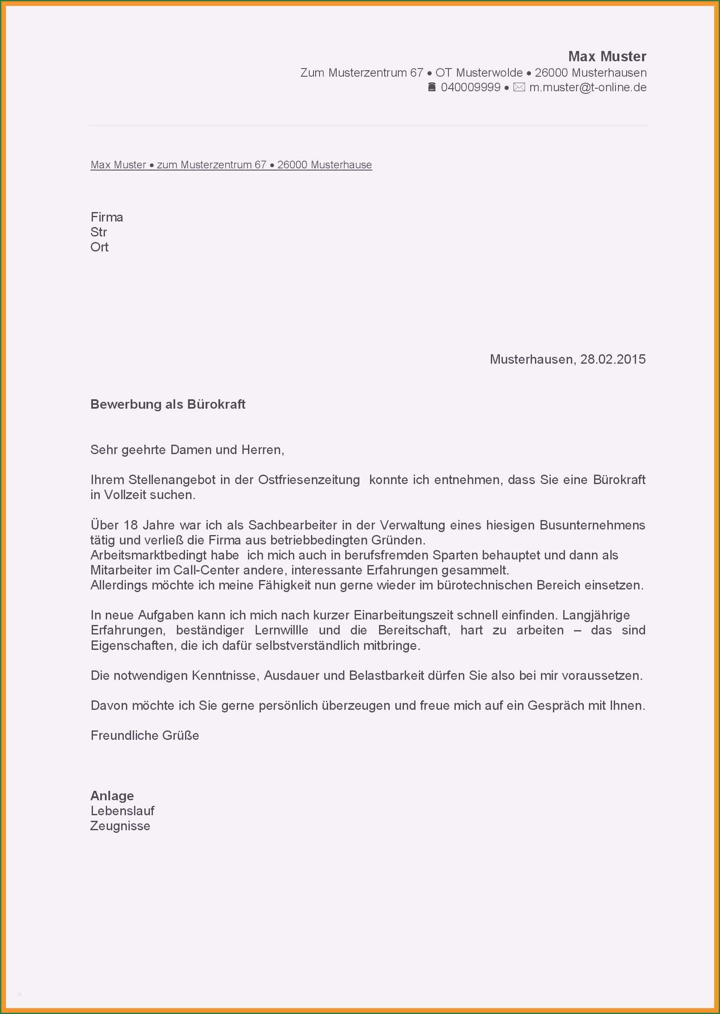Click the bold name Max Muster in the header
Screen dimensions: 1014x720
[607, 56]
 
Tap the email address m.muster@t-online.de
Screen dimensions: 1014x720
[588, 87]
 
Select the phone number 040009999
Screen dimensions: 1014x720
[470, 87]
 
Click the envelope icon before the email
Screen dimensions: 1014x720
[519, 87]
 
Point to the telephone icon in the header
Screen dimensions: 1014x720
[432, 87]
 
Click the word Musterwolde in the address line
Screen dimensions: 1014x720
[489, 73]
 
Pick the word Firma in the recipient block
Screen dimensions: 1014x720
[107, 217]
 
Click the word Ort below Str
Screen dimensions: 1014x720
[99, 247]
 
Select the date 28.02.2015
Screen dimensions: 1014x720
[613, 359]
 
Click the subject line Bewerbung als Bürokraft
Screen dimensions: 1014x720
[167, 404]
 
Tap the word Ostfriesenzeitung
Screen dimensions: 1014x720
[309, 480]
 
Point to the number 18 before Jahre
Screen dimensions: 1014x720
[131, 525]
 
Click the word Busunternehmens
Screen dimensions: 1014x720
[592, 525]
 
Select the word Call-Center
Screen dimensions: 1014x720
[206, 570]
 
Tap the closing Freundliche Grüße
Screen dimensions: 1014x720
[145, 736]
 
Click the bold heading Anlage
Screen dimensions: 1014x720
[112, 796]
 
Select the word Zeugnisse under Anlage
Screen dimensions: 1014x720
[120, 826]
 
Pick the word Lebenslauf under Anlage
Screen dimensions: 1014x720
[122, 811]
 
